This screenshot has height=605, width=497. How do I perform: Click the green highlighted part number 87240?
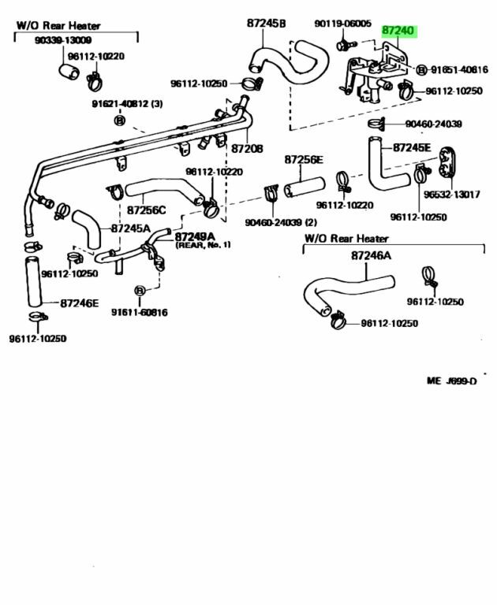pos(398,31)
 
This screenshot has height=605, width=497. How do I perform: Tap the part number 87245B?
pos(266,24)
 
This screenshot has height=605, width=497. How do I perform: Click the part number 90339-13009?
pos(63,40)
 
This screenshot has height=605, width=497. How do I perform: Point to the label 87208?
pos(247,149)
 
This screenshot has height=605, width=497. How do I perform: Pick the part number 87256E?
pos(305,160)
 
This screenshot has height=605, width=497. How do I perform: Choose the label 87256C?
pos(147,210)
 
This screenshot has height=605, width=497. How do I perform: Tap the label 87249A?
pos(195,236)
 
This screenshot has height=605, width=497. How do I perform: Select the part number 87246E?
pos(81,302)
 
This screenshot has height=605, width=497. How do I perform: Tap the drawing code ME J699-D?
pos(452,381)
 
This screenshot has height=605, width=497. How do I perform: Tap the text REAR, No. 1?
pos(203,245)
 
